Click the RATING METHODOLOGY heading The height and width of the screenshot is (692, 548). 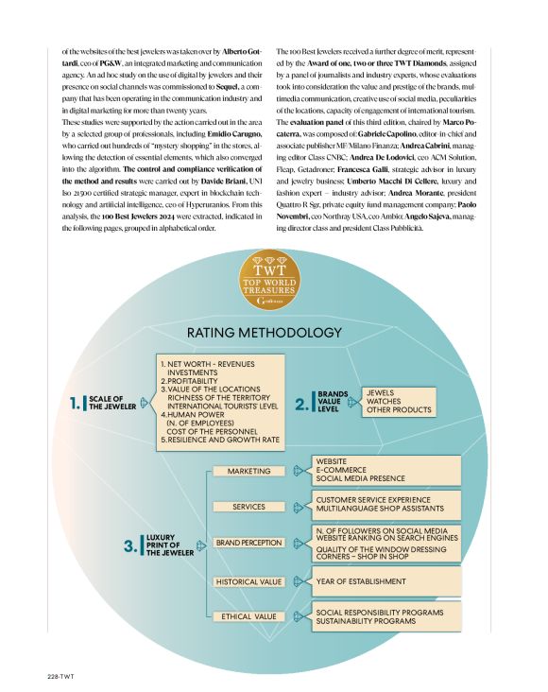point(264,333)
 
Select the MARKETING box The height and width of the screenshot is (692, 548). point(248,471)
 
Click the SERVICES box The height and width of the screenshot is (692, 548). point(248,507)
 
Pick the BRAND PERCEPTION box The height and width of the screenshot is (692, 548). point(248,543)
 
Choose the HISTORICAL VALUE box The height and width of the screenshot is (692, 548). point(248,581)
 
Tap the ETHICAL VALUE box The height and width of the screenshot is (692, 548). point(248,616)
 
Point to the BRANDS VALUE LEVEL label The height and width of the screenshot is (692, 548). point(333,402)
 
